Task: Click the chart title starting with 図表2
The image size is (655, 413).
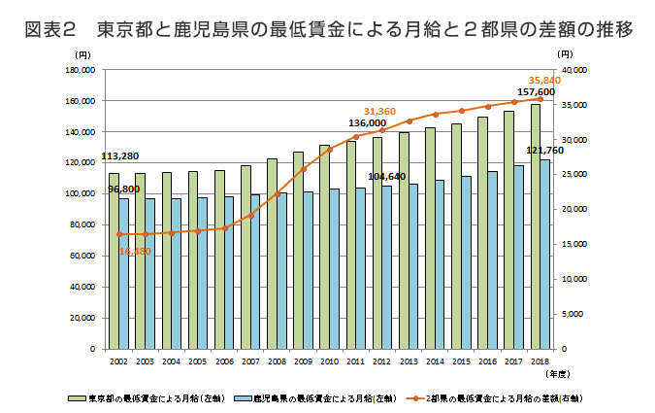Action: click(x=327, y=29)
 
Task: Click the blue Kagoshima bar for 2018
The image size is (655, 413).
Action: click(x=544, y=254)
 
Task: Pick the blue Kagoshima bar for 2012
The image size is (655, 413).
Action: click(x=387, y=266)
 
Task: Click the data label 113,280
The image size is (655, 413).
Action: click(x=119, y=156)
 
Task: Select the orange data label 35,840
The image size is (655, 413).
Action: click(x=544, y=80)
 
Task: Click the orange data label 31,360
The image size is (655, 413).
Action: click(x=380, y=112)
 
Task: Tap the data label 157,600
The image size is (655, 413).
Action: click(x=536, y=92)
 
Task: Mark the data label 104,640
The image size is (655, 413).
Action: click(x=386, y=176)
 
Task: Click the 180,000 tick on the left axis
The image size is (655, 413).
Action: click(x=79, y=71)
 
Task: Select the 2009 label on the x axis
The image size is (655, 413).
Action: click(x=303, y=360)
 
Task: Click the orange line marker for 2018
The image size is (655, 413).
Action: click(x=540, y=99)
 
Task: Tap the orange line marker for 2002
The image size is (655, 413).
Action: click(x=119, y=234)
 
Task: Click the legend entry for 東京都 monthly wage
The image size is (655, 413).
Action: click(x=147, y=396)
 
